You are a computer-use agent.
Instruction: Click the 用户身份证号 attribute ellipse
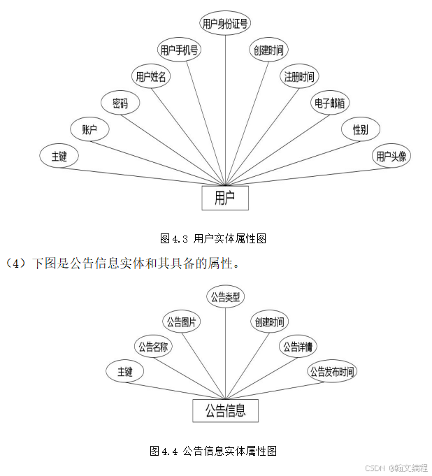coord(224,24)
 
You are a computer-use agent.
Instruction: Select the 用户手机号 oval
coord(180,50)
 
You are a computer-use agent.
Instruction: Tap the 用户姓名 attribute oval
coord(151,77)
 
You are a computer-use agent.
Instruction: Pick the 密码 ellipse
coord(120,103)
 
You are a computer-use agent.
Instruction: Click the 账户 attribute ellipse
coord(89,130)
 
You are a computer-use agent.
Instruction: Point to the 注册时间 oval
coord(299,76)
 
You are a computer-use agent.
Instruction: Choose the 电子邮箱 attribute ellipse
coord(330,103)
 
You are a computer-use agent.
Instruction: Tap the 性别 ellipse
coord(361,130)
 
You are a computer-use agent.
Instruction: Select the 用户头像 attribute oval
coord(391,157)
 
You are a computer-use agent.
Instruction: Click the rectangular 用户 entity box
coord(225,198)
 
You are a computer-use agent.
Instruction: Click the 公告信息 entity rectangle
coord(225,411)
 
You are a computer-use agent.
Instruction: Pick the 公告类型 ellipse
coord(225,297)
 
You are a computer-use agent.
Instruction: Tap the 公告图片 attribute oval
coord(181,322)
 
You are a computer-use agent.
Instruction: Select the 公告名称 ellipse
coord(152,347)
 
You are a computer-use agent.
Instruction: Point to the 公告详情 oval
coord(298,347)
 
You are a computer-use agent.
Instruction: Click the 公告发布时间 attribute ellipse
coord(332,372)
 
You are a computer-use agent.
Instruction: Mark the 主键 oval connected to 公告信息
coord(125,372)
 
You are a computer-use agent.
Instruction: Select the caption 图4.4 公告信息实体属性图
coord(213,452)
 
